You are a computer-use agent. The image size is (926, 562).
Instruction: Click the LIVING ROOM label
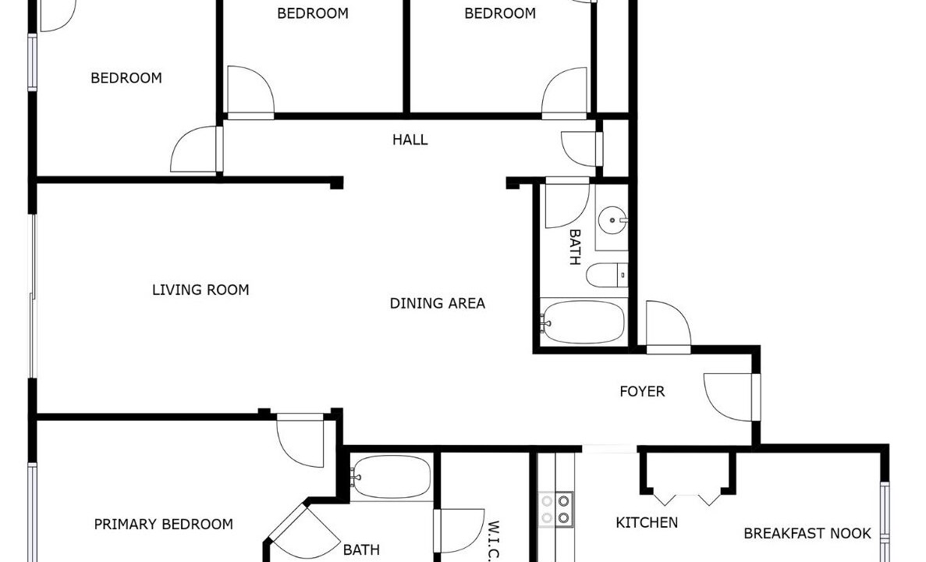(x=200, y=290)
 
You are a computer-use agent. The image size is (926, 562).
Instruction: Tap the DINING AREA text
(x=438, y=303)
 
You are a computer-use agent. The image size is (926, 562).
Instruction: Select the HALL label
(x=410, y=140)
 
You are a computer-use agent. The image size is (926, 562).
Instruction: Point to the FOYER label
(x=642, y=391)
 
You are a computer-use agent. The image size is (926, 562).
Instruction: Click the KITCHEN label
(x=647, y=522)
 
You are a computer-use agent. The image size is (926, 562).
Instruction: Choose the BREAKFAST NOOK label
(x=807, y=534)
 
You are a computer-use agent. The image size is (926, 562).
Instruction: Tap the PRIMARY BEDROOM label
(x=164, y=525)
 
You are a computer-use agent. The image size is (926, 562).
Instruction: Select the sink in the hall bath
(x=612, y=220)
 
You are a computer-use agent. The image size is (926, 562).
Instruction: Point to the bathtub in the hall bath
(x=583, y=322)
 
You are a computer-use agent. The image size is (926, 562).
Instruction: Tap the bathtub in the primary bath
(x=391, y=477)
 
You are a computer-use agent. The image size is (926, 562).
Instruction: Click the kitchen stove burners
(x=555, y=510)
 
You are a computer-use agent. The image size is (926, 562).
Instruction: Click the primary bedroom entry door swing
(x=300, y=440)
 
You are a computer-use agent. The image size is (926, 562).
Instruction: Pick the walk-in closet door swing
(x=459, y=531)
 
